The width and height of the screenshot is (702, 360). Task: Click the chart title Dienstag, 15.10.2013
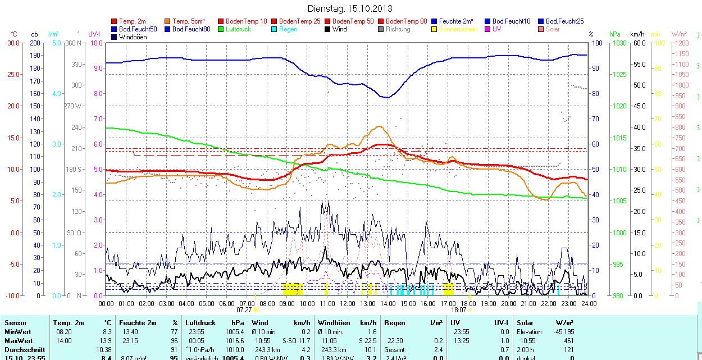[350, 8]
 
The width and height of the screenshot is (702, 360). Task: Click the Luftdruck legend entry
[238, 29]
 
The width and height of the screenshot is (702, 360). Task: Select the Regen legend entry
[288, 29]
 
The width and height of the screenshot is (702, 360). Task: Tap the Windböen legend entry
[133, 37]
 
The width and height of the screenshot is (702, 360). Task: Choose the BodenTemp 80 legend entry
[406, 21]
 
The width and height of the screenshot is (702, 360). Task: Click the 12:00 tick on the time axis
[348, 303]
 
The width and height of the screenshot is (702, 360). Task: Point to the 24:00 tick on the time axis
[588, 303]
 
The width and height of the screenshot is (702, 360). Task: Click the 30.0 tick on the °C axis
[13, 43]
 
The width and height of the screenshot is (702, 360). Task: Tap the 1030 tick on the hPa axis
[619, 43]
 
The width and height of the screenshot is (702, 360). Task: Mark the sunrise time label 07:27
[244, 309]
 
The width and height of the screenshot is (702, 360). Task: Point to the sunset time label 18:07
[459, 309]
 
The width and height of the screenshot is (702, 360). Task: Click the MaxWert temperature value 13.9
[106, 341]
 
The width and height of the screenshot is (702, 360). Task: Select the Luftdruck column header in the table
[199, 323]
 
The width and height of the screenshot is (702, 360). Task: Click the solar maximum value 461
[568, 341]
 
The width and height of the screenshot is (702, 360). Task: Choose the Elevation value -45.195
[563, 332]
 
